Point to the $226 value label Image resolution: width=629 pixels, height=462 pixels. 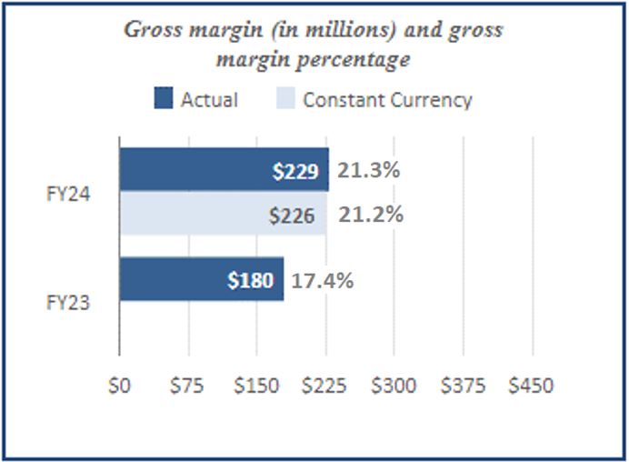tap(293, 216)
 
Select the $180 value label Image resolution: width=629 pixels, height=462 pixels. tap(250, 280)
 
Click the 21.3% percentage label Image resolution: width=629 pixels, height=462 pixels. tap(370, 170)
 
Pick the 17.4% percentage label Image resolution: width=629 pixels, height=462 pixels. tap(321, 279)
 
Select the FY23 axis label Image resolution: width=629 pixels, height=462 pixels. tap(68, 303)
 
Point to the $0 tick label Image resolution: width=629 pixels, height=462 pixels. tap(119, 386)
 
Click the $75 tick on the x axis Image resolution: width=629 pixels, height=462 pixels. tap(187, 386)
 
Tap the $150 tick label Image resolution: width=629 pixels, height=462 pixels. tap(256, 386)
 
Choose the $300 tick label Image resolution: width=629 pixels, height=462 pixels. tap(394, 386)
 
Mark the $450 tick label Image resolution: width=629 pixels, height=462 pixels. tap(531, 386)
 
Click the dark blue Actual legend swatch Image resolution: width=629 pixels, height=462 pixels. tap(163, 99)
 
